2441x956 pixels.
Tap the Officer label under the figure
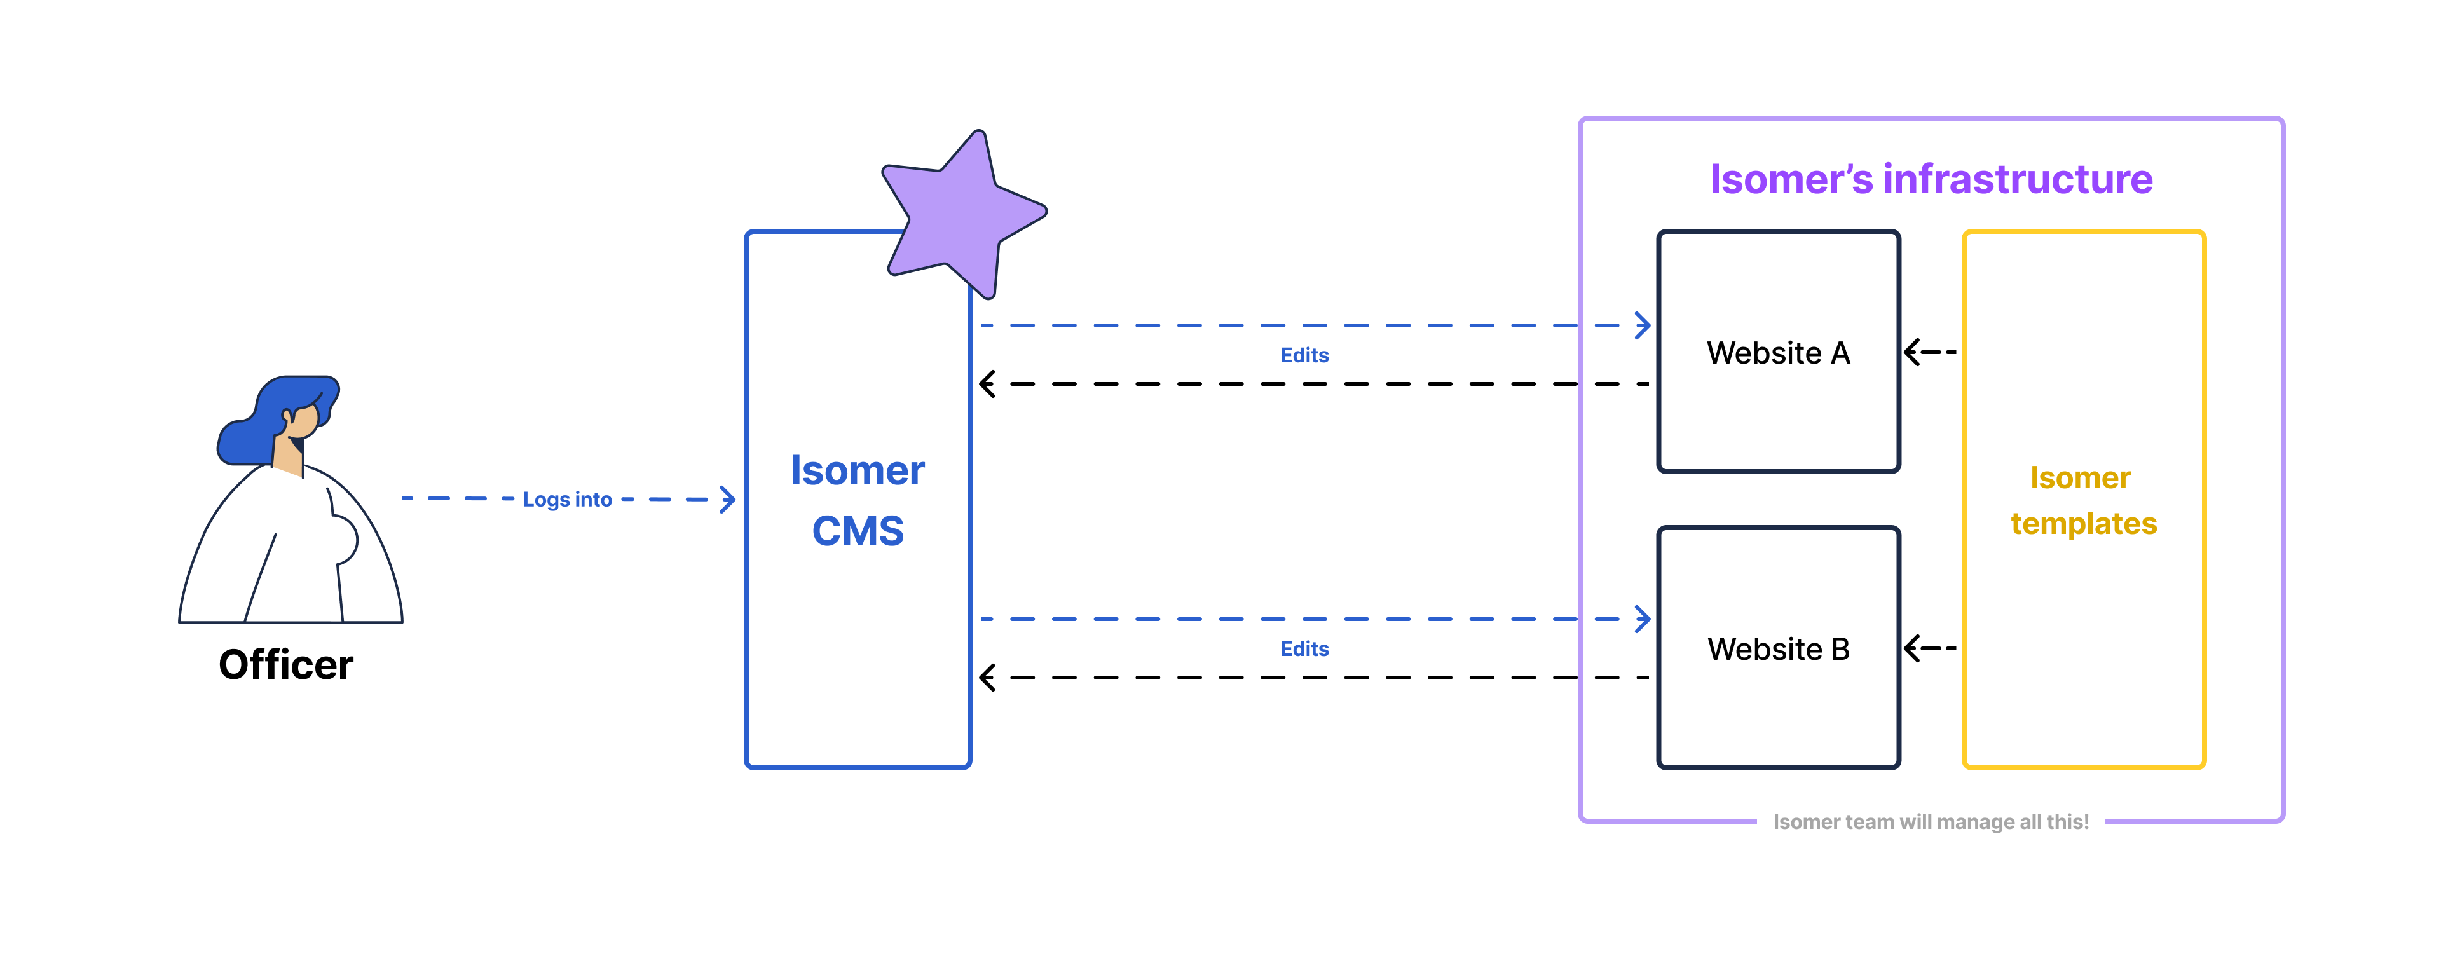point(285,665)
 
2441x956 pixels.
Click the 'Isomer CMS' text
point(858,500)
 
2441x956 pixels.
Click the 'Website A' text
point(1778,352)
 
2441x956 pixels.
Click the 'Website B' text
point(1778,649)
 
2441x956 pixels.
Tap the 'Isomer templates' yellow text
point(2083,500)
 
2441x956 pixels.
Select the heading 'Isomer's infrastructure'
point(1931,179)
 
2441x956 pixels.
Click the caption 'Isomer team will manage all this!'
point(1931,821)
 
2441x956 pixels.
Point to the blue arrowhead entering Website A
point(1644,325)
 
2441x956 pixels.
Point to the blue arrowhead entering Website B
point(1644,618)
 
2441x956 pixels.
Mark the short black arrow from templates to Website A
point(1929,352)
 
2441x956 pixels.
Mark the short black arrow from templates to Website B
point(1929,649)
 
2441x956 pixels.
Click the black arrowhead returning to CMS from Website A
point(987,384)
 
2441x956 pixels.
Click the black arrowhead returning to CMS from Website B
point(987,678)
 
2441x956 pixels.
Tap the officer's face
point(303,421)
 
